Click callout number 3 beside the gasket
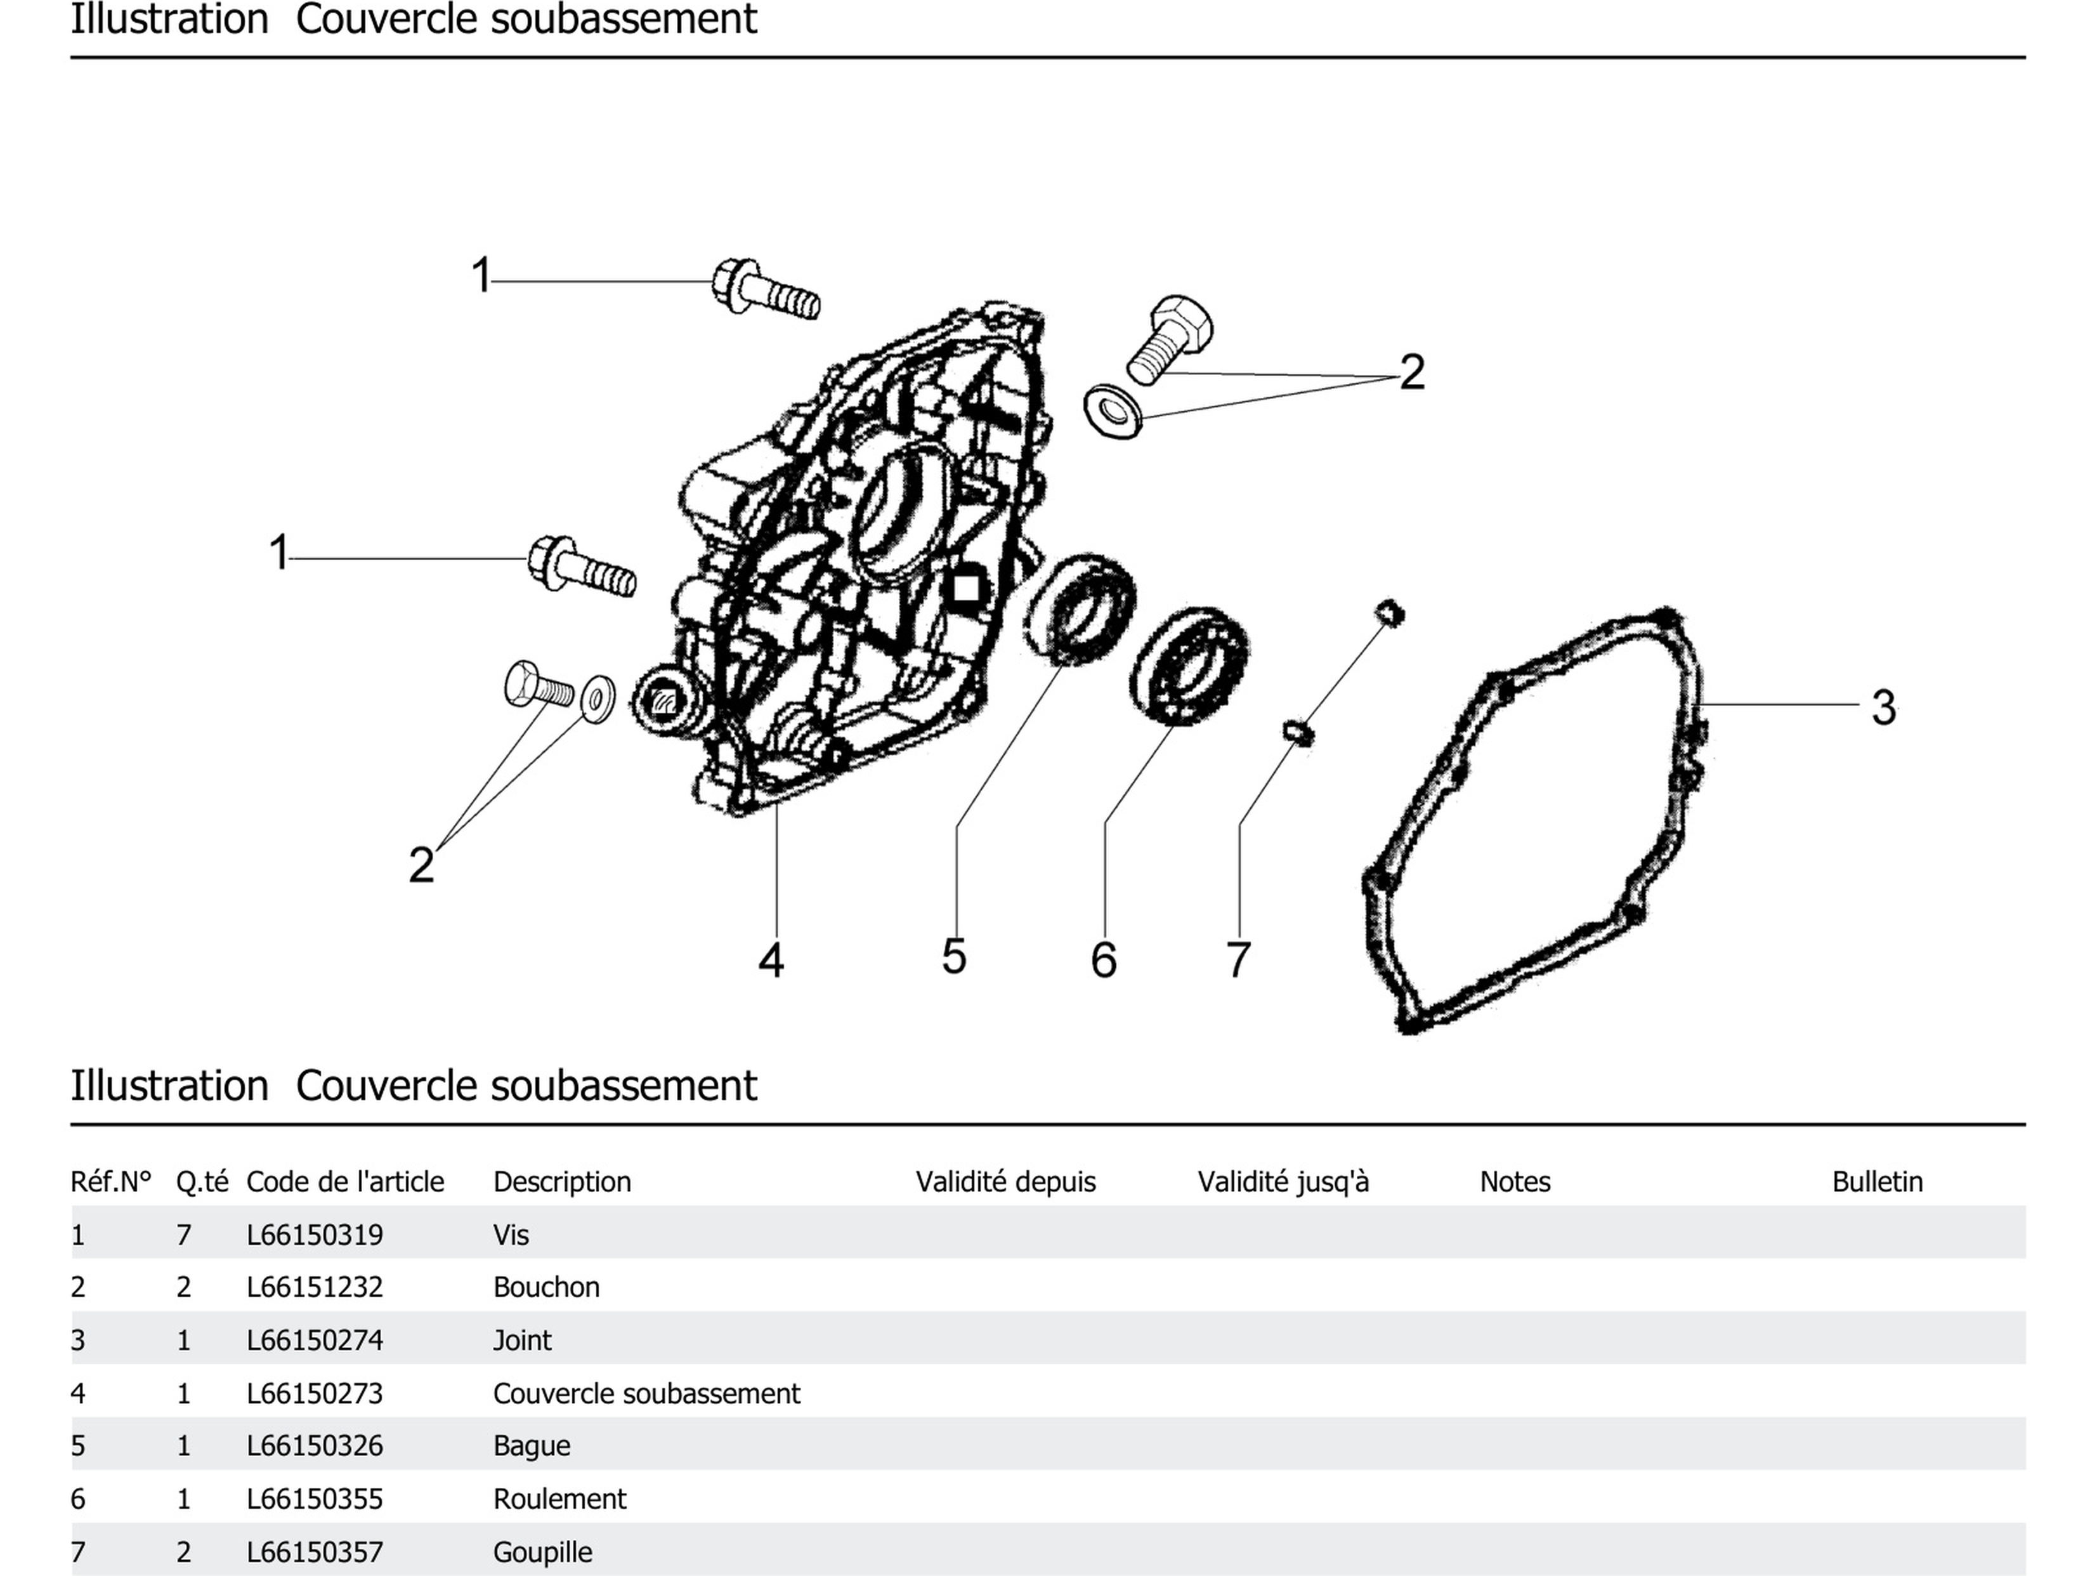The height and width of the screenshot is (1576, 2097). click(1883, 707)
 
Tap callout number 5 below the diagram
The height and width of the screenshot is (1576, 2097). click(954, 956)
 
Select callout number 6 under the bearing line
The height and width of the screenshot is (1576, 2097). click(1104, 960)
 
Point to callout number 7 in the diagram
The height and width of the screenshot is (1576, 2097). click(1238, 960)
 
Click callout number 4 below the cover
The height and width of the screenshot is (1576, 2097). click(771, 960)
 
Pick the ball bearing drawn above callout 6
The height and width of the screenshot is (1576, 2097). click(1189, 664)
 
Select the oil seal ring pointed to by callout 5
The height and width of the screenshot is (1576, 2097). click(1079, 608)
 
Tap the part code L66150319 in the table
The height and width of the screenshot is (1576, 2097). click(315, 1235)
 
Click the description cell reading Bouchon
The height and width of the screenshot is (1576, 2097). click(546, 1287)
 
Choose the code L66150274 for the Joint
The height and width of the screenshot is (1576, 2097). click(315, 1340)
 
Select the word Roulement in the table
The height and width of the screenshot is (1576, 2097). click(559, 1498)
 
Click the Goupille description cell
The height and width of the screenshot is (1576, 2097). click(542, 1551)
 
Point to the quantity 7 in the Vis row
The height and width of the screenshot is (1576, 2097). click(184, 1235)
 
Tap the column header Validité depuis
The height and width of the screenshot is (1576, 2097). click(1005, 1181)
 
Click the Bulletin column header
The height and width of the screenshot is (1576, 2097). click(1877, 1181)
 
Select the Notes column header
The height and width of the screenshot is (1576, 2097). click(1515, 1181)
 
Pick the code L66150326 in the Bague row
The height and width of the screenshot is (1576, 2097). click(315, 1445)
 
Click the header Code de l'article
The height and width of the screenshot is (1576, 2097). click(345, 1181)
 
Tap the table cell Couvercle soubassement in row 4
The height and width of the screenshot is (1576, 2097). click(646, 1393)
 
